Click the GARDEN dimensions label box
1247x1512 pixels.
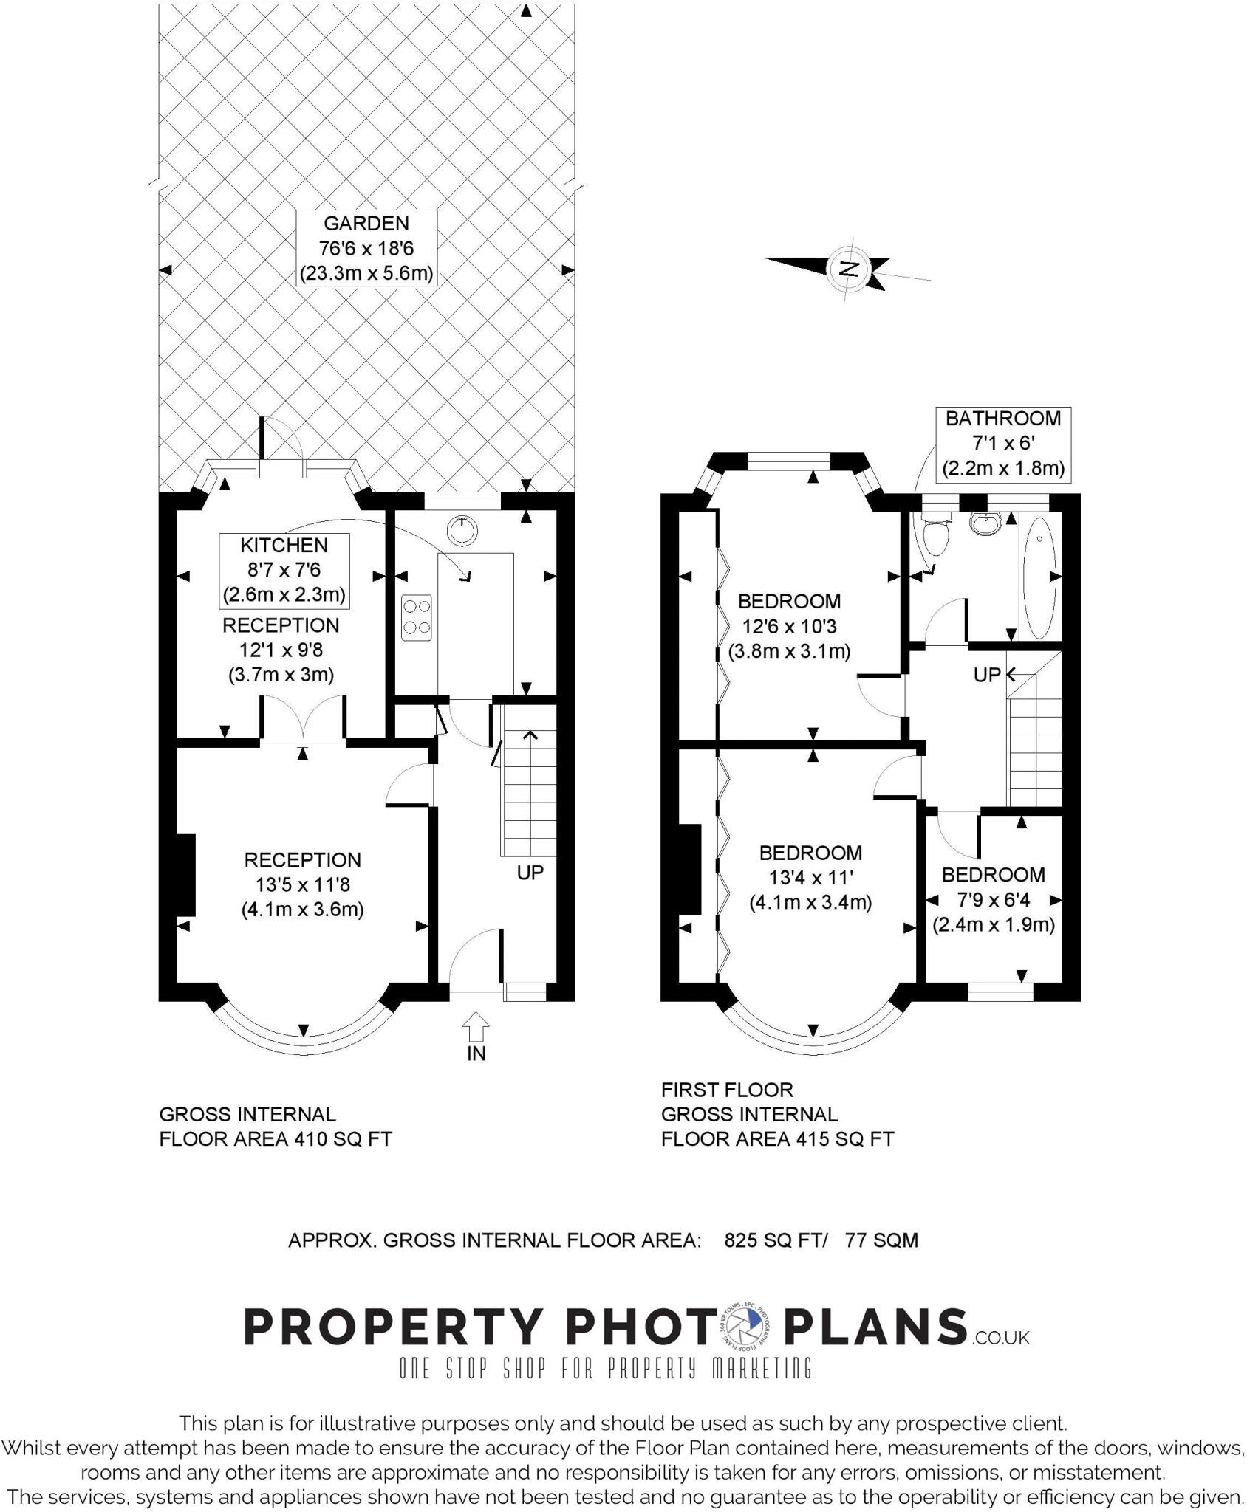pos(366,248)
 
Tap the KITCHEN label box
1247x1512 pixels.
pos(284,570)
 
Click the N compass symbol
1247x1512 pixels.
pos(850,268)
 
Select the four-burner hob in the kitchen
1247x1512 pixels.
pos(417,617)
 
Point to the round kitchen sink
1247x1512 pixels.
pos(462,529)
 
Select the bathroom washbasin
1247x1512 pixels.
pos(986,523)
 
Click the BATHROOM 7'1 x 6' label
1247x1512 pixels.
pos(1002,444)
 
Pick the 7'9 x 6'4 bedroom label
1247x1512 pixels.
pos(993,899)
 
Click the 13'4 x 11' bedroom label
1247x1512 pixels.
pos(810,877)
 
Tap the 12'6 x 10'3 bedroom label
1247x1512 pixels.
pos(789,626)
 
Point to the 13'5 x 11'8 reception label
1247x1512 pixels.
pos(302,884)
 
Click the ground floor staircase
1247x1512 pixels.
pos(529,790)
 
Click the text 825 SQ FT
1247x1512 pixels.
pos(775,1240)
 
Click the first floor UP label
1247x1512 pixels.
pos(987,674)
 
